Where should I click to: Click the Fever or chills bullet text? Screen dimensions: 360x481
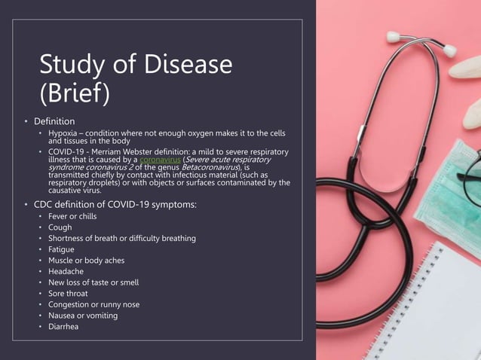[x=72, y=216]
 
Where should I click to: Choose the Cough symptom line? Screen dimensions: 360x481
[x=60, y=227]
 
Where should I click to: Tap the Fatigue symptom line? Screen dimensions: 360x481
[x=63, y=249]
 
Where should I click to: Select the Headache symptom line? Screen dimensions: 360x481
[x=66, y=271]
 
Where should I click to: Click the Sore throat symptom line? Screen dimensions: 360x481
[x=68, y=293]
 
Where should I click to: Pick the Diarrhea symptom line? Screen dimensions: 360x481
[x=63, y=326]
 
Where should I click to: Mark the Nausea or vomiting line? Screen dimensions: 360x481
[x=83, y=316]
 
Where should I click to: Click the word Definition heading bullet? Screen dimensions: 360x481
[x=54, y=121]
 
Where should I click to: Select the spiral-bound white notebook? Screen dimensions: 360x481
[x=441, y=309]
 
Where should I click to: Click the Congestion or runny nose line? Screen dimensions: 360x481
[x=94, y=304]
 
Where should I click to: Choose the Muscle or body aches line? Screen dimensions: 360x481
[x=86, y=261]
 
